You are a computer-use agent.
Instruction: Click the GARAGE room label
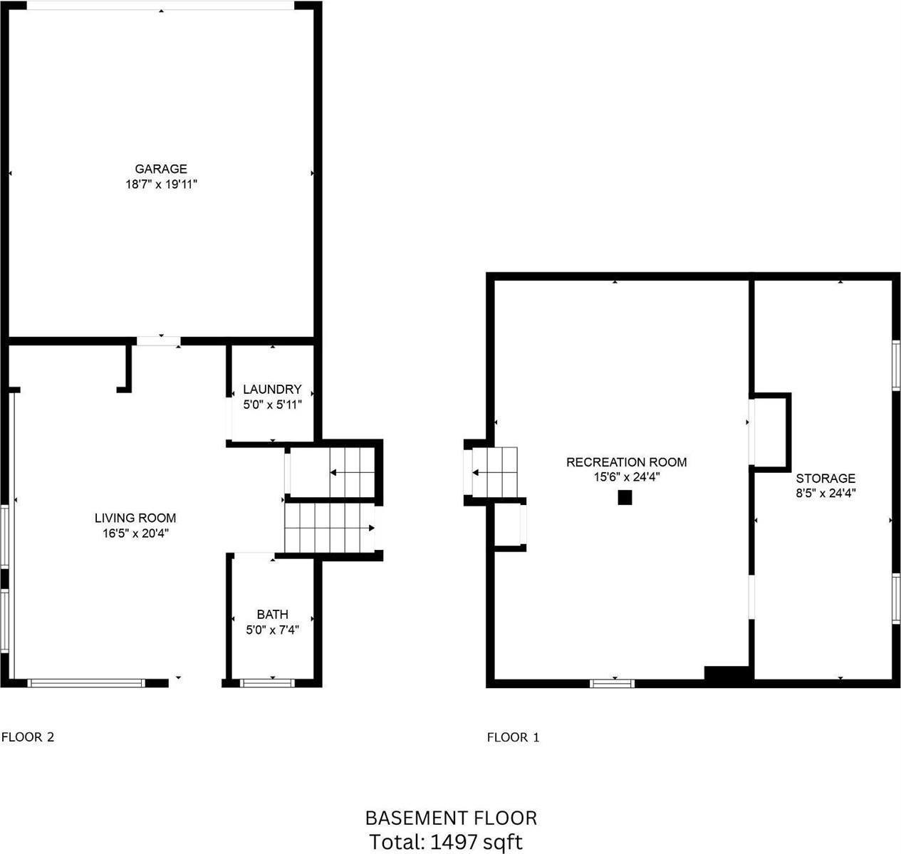[x=161, y=169]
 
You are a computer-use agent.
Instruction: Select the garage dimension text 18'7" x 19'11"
[x=161, y=184]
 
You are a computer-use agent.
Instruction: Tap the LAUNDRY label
[x=272, y=389]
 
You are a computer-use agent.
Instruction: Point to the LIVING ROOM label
[x=135, y=518]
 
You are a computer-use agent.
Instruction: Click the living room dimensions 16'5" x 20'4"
[x=135, y=533]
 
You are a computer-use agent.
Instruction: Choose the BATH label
[x=273, y=614]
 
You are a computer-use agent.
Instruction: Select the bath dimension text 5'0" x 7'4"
[x=273, y=630]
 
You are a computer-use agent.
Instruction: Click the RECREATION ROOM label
[x=627, y=462]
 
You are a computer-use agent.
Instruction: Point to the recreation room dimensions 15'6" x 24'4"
[x=627, y=477]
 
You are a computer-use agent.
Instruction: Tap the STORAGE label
[x=826, y=479]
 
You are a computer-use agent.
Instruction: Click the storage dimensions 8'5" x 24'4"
[x=826, y=493]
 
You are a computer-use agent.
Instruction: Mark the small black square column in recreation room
[x=625, y=497]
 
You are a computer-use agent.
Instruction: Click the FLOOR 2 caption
[x=28, y=737]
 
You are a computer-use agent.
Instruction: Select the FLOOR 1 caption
[x=514, y=738]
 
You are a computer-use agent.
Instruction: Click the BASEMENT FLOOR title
[x=451, y=818]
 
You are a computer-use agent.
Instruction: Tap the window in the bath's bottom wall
[x=267, y=683]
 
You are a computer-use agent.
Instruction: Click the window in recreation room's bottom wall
[x=613, y=684]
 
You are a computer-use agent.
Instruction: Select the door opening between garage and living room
[x=159, y=341]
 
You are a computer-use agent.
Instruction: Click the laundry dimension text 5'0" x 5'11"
[x=273, y=405]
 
